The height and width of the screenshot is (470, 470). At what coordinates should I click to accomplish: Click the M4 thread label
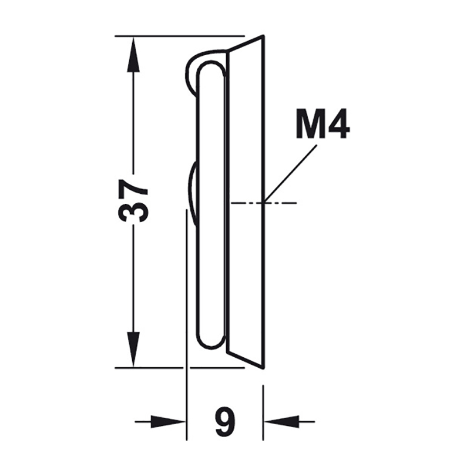(323, 123)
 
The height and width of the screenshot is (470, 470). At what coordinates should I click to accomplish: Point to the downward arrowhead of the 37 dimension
(133, 350)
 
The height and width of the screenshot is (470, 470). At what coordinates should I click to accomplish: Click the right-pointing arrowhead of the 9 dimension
(168, 422)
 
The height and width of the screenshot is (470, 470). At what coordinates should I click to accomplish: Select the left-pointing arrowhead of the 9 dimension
(281, 422)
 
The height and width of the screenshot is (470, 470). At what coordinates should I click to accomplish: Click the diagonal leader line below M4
(290, 173)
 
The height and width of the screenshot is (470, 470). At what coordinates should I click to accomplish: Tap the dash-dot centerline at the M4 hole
(264, 203)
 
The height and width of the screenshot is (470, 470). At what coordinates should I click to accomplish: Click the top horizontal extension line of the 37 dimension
(180, 36)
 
